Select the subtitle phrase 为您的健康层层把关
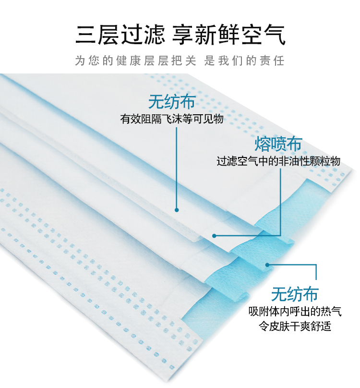136,61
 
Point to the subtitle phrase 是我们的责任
244,61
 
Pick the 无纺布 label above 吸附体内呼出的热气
295,293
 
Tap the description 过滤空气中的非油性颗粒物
278,161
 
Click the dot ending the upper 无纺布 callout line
177,210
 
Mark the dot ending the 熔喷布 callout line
215,235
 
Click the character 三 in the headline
86,35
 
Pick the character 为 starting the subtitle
80,61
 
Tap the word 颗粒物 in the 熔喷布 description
324,161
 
